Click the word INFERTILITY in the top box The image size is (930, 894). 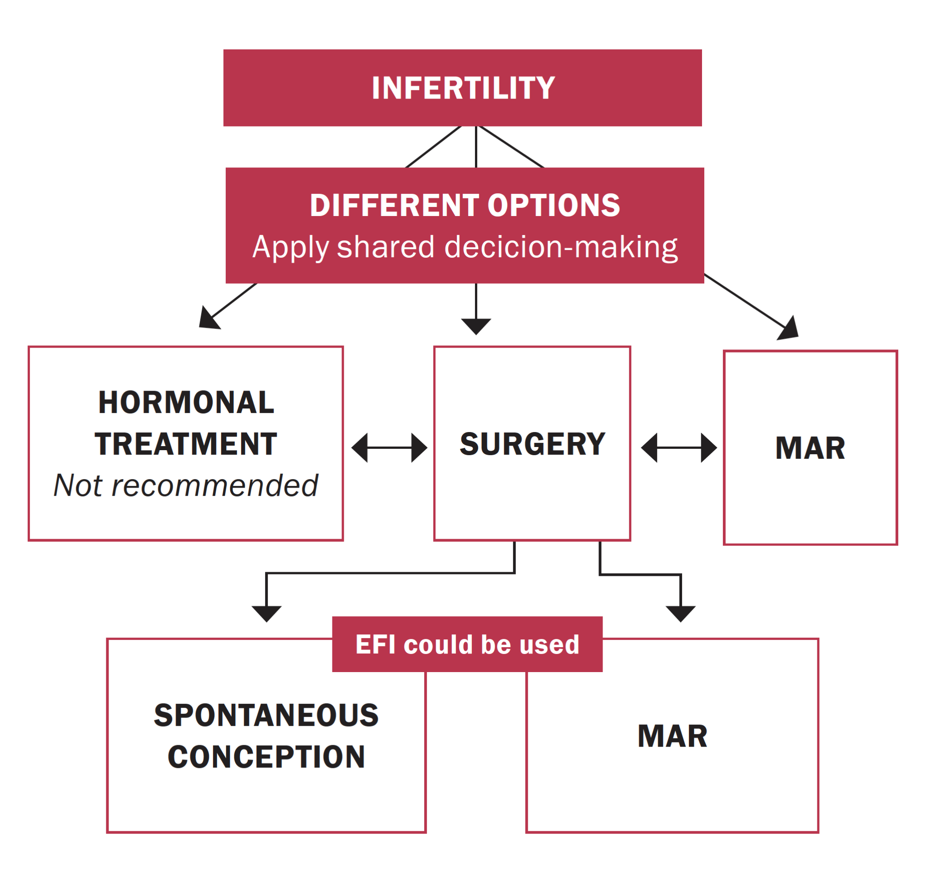click(463, 88)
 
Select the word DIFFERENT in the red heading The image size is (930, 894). click(394, 206)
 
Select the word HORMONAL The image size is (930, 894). click(186, 403)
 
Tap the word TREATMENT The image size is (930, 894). click(186, 444)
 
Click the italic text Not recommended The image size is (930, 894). click(186, 486)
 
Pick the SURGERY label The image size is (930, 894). click(532, 444)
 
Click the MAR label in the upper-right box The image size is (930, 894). click(811, 448)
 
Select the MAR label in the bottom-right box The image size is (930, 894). click(673, 737)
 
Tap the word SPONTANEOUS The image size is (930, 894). click(266, 715)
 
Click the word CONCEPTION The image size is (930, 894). click(266, 757)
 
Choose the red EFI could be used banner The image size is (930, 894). click(467, 644)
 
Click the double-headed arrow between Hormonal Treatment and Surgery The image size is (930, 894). click(389, 448)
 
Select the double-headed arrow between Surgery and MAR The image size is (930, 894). click(678, 448)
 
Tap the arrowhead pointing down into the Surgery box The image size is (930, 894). click(476, 326)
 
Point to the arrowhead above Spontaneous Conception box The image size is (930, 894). click(267, 613)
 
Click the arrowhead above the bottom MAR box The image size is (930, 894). click(680, 613)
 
